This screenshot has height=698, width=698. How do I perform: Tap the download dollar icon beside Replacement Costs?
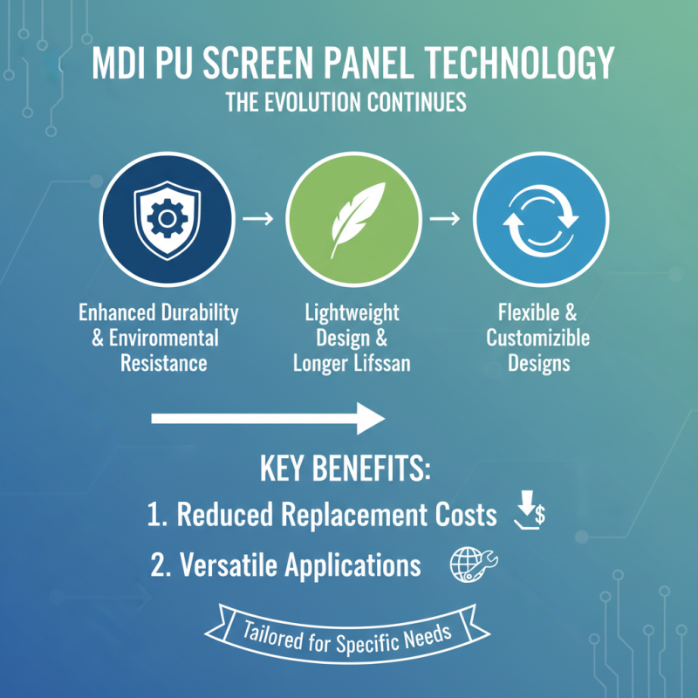530,512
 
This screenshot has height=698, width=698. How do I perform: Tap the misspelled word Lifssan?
380,363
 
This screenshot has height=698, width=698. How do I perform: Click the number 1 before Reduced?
155,515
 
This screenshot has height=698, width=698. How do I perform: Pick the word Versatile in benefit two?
229,565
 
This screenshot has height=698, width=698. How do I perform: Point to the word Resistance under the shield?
164,363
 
